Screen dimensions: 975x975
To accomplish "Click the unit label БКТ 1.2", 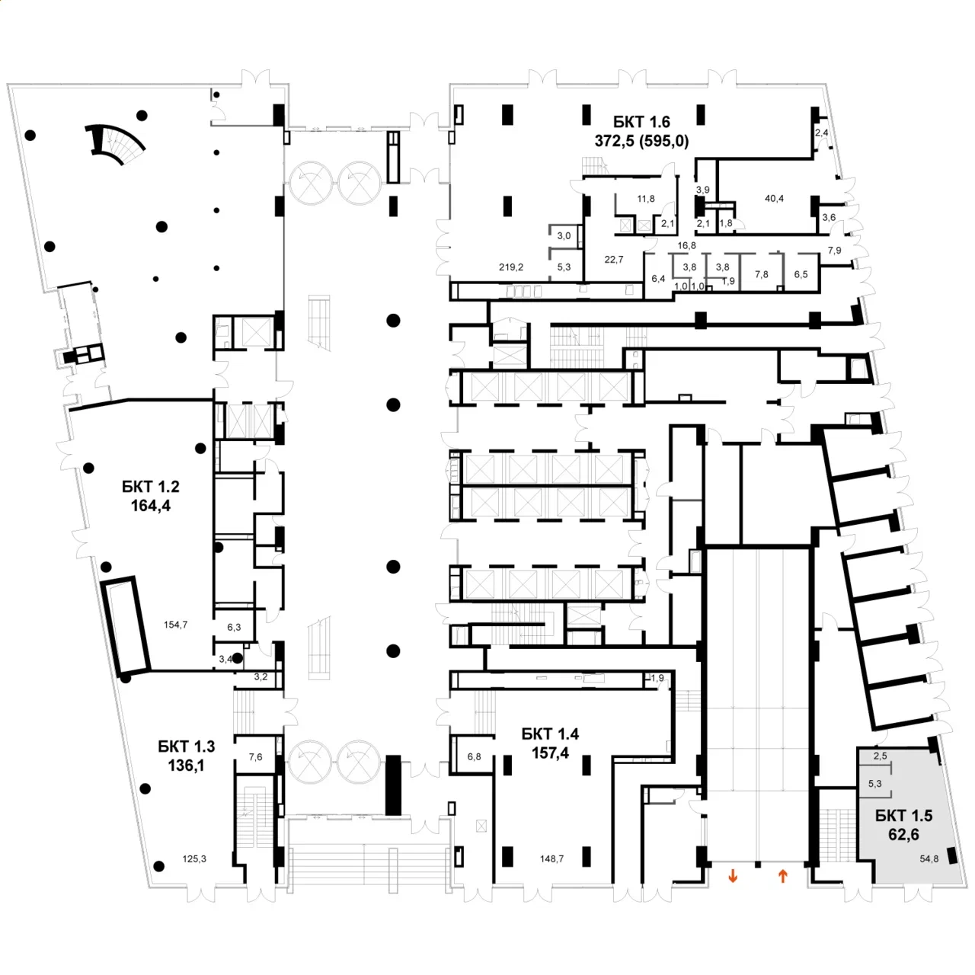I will click(x=151, y=487).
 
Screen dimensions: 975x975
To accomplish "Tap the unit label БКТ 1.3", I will click(x=186, y=746).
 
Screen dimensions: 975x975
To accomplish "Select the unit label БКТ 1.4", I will click(x=550, y=734).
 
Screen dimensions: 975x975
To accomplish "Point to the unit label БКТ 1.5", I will click(x=903, y=816).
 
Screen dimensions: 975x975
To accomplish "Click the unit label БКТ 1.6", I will click(x=641, y=122).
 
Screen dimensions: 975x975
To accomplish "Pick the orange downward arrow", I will click(x=733, y=877).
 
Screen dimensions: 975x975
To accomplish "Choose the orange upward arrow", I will click(x=782, y=877).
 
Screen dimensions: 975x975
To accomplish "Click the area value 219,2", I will click(x=511, y=267).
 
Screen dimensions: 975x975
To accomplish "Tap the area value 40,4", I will click(x=774, y=199).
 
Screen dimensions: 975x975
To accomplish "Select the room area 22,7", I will click(x=614, y=260).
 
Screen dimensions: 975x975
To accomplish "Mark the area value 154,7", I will click(x=175, y=625).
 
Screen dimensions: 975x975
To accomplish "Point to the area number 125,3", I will click(x=194, y=859).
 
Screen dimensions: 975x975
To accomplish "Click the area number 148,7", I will click(x=551, y=859).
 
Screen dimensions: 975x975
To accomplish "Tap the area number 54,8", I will click(x=929, y=859).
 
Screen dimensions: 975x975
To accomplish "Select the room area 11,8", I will click(x=646, y=200).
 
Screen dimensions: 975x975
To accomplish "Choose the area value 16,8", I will click(x=686, y=246).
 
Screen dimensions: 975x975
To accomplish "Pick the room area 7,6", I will click(x=256, y=757).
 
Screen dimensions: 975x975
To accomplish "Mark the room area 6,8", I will click(x=474, y=757).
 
